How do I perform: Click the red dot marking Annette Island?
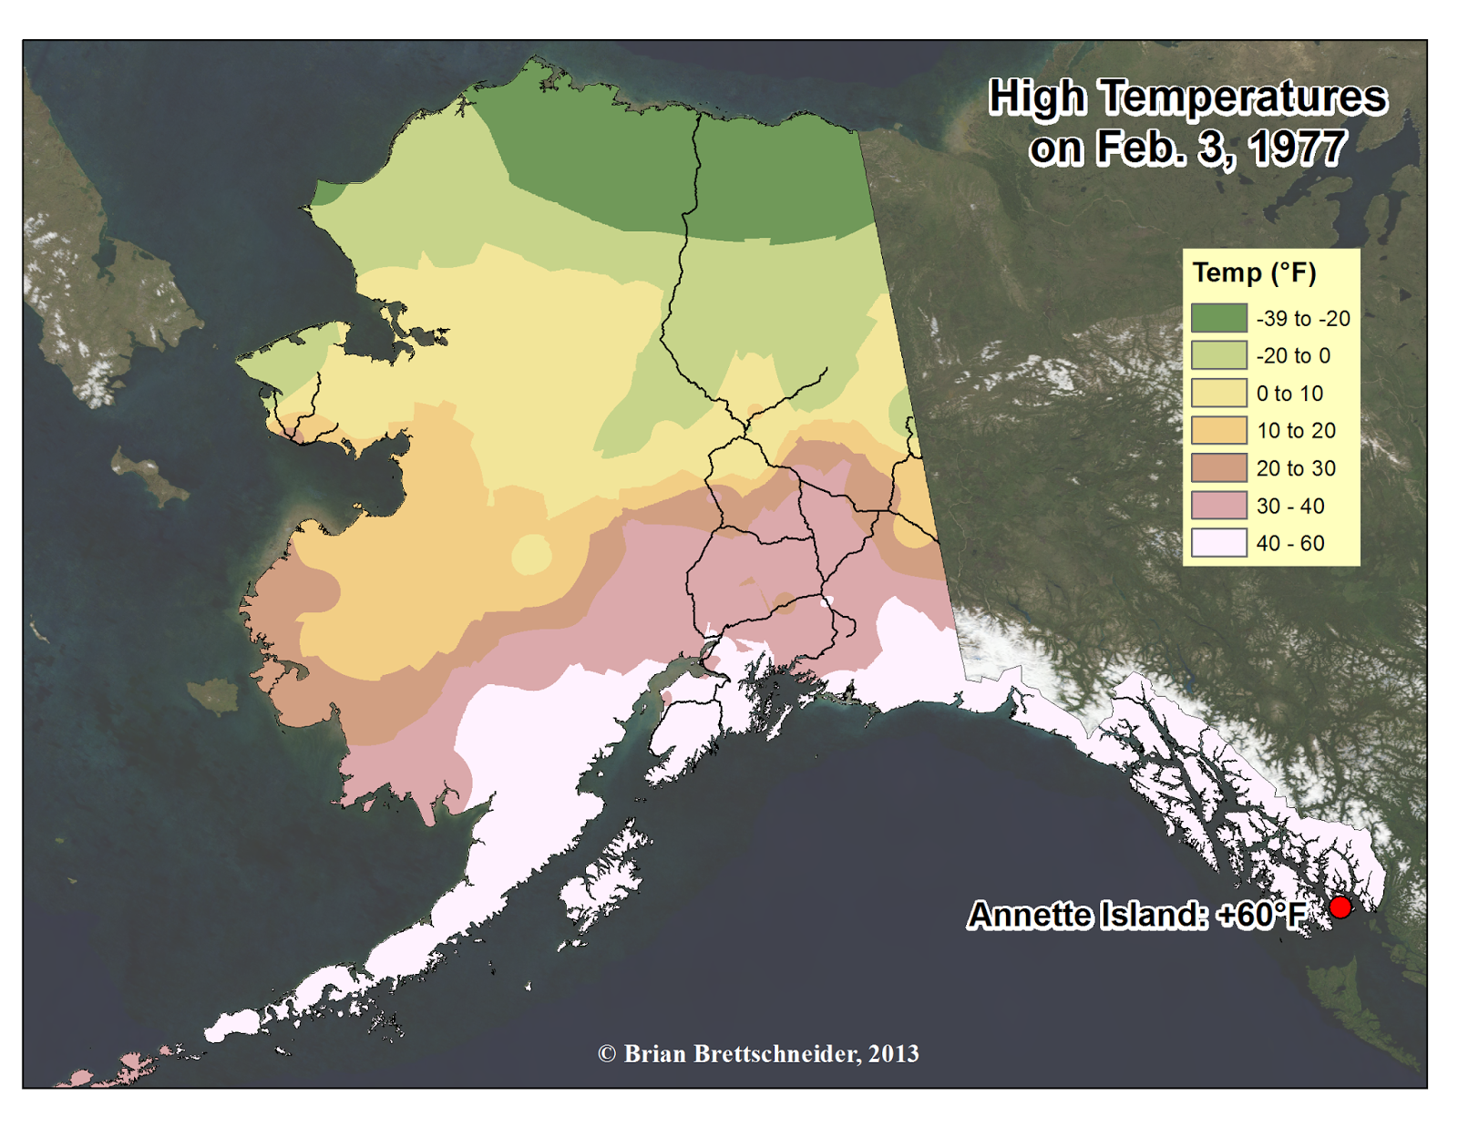click(x=1340, y=907)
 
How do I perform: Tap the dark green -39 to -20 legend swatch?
click(x=1218, y=318)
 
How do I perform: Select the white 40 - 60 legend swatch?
click(x=1218, y=543)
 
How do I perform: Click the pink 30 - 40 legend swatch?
click(x=1218, y=506)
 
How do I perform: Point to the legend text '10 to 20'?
click(x=1295, y=431)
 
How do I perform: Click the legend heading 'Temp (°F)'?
click(x=1254, y=272)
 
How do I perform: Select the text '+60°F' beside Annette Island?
click(x=1261, y=915)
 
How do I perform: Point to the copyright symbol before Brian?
click(x=607, y=1054)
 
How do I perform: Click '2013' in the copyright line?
click(x=893, y=1054)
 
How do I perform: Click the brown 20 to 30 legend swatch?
click(x=1218, y=468)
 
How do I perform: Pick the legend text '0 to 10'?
click(x=1289, y=394)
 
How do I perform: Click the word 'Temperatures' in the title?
click(x=1243, y=97)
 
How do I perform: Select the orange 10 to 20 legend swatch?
click(x=1218, y=431)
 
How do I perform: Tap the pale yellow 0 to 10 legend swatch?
click(x=1218, y=394)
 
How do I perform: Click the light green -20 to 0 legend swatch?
click(x=1218, y=356)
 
